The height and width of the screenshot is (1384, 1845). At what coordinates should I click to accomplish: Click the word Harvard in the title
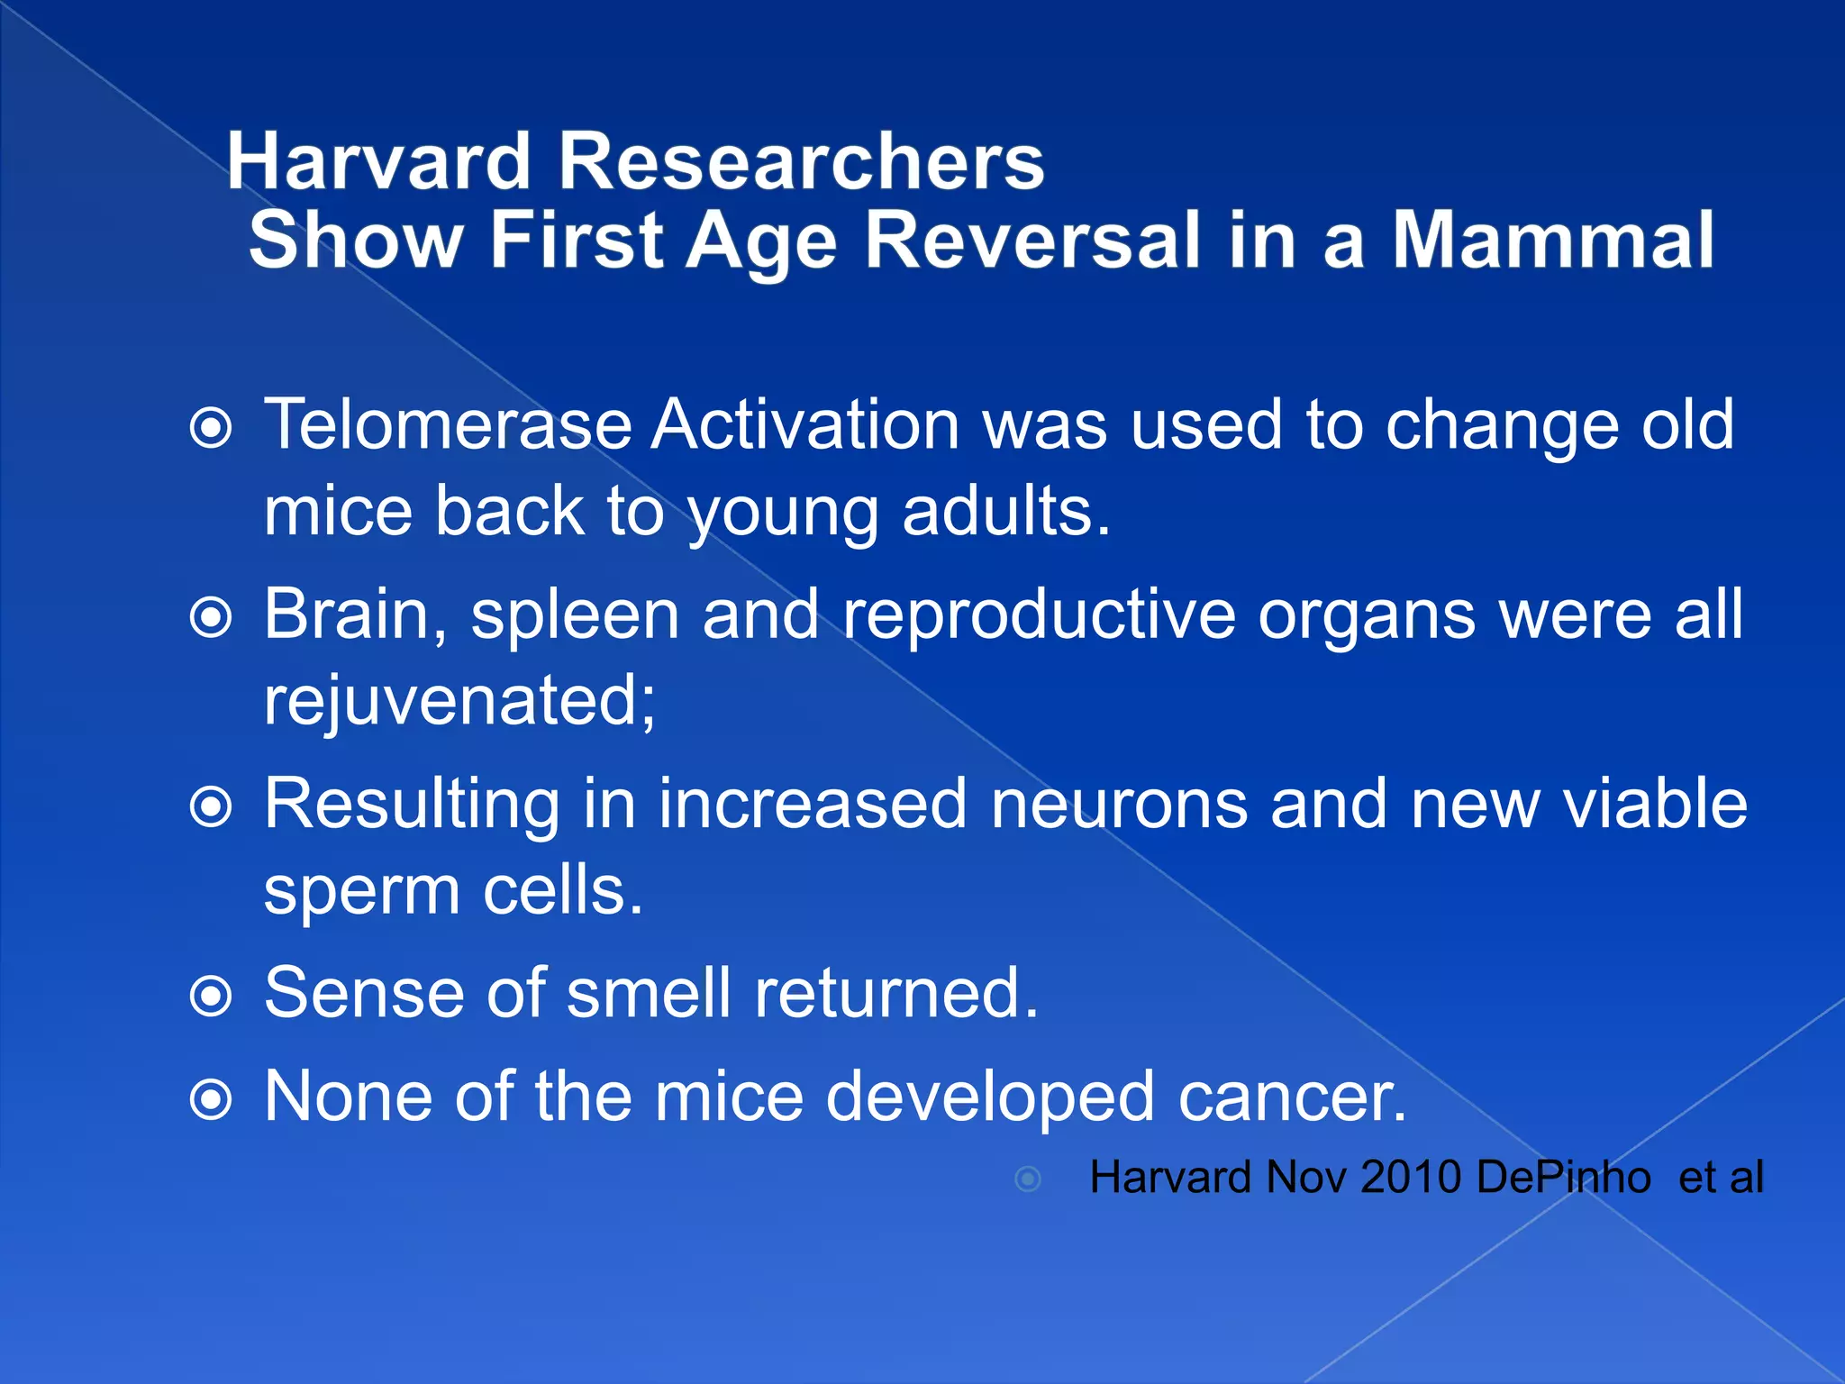(378, 162)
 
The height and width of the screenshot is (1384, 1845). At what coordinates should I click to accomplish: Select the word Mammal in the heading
(1553, 241)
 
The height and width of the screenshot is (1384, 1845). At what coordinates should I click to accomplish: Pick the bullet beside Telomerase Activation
(212, 429)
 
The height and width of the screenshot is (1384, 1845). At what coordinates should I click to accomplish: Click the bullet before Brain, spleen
(212, 618)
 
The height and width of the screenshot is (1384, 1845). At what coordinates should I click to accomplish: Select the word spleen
(575, 616)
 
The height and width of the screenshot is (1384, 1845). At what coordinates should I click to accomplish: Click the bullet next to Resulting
(212, 807)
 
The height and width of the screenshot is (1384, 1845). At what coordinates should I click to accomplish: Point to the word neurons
(1119, 804)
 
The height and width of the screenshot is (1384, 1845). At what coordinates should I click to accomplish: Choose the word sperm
(361, 892)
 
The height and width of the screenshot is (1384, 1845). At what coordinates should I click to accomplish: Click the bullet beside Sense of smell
(212, 997)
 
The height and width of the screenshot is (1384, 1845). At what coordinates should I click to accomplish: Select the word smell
(649, 993)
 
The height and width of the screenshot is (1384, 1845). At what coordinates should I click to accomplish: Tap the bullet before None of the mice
(212, 1100)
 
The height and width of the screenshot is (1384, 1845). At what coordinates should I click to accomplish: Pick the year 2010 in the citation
(1411, 1178)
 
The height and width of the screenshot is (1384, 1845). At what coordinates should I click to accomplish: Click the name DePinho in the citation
(1564, 1178)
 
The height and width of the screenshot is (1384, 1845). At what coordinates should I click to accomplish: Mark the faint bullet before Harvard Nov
(1028, 1179)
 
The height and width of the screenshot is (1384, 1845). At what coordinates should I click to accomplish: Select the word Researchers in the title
(802, 162)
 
